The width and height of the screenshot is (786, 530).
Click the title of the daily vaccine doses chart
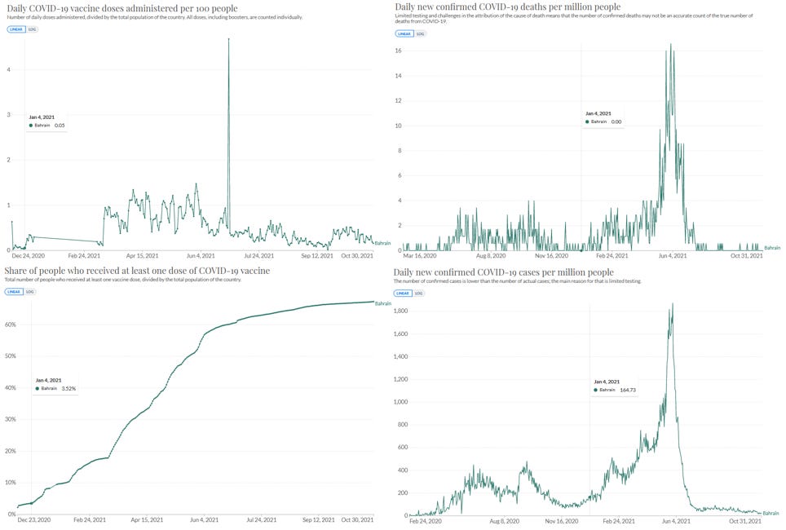pos(121,8)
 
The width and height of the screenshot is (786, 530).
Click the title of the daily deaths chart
pos(506,7)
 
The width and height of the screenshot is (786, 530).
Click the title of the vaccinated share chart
pos(137,271)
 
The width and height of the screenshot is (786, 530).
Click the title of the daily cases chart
pos(503,272)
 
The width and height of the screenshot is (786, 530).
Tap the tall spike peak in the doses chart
pos(228,39)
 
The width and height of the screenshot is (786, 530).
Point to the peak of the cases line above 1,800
pos(673,304)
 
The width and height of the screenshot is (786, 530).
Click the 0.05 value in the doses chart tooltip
pos(60,126)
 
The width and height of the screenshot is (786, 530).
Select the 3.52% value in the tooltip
pos(68,388)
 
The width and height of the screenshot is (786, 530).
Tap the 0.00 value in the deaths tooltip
pos(616,121)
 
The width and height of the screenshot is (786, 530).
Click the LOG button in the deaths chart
pos(420,34)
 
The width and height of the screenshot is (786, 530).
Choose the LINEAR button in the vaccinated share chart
pos(15,291)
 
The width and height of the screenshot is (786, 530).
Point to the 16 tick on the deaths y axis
pos(397,51)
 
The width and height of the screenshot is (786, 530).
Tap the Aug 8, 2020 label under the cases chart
pos(505,520)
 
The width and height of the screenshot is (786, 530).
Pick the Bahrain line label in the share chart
pos(382,303)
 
